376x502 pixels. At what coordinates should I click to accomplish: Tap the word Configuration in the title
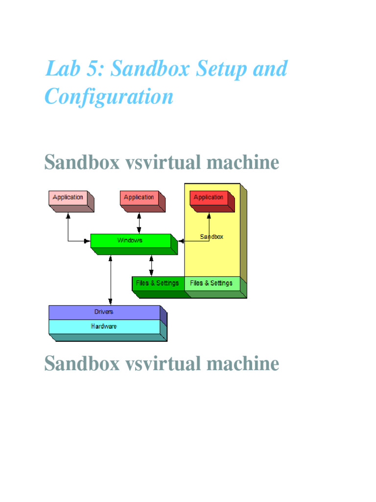click(x=109, y=97)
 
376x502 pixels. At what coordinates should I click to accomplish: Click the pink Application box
click(x=68, y=198)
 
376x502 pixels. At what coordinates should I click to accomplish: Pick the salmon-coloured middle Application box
click(x=139, y=198)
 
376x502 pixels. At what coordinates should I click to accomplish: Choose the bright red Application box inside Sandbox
click(x=209, y=198)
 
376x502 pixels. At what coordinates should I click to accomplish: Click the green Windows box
click(x=130, y=240)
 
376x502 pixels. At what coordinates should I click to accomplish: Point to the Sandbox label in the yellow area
click(x=211, y=237)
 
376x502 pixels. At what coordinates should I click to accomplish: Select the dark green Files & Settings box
click(x=158, y=283)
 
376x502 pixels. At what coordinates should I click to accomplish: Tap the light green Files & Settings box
click(x=211, y=283)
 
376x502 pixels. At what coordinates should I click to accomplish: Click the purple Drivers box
click(x=104, y=312)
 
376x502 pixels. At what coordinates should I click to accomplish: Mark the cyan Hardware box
click(x=104, y=326)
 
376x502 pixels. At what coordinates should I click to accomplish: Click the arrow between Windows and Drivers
click(x=111, y=279)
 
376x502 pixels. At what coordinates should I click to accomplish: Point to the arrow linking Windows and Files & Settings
click(x=151, y=265)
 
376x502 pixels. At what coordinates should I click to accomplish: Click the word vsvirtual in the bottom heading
click(x=167, y=364)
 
